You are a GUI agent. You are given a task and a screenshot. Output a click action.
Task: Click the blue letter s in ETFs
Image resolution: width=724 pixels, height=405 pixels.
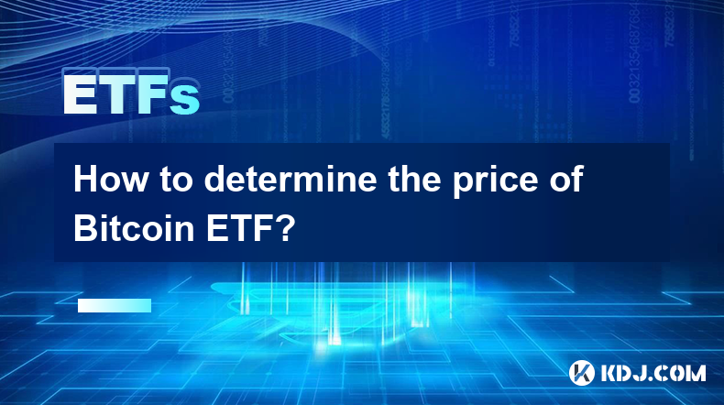184,99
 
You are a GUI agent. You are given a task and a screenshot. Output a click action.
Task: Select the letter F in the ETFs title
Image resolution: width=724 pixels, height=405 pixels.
152,94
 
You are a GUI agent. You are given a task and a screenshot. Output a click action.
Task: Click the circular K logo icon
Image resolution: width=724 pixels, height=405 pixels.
581,373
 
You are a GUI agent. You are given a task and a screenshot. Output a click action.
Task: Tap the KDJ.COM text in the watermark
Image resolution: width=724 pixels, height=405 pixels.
653,373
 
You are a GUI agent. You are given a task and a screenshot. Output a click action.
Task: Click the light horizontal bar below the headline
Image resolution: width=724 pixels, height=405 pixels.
115,305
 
